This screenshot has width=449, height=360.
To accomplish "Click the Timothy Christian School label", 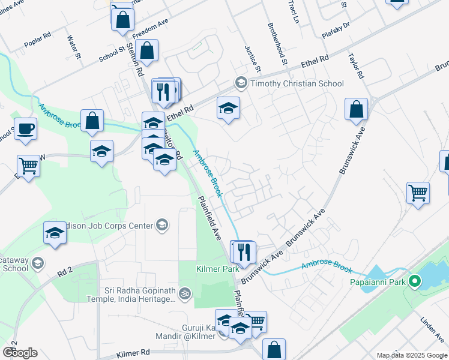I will pos(297,84).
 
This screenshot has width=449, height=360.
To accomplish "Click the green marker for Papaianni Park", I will pos(414,281).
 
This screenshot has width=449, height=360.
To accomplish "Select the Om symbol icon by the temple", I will pos(185,293).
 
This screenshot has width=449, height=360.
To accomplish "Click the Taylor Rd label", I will pos(356,65).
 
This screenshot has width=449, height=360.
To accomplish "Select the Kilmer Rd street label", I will pos(133,353).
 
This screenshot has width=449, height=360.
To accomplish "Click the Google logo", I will pos(20,353).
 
